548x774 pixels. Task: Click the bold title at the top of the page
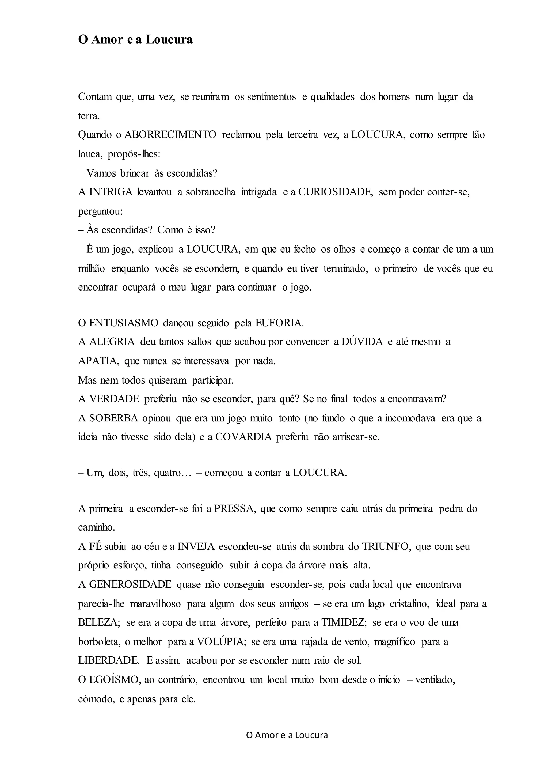point(135,40)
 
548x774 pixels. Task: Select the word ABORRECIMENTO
point(170,135)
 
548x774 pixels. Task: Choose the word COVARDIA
point(243,437)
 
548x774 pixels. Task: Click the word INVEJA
point(196,547)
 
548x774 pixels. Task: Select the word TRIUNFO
point(386,547)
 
